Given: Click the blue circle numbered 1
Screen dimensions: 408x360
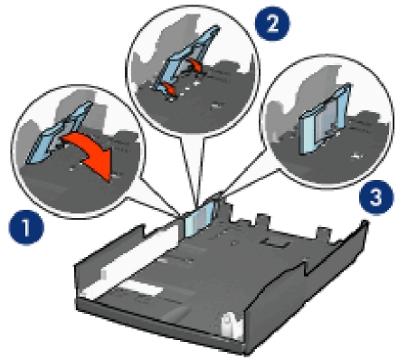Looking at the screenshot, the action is tap(26, 227).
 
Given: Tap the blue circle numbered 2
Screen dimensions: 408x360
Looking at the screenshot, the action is tap(272, 24).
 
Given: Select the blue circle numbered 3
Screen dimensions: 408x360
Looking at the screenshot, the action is tap(376, 197).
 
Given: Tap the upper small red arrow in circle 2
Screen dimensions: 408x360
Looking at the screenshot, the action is tap(195, 65).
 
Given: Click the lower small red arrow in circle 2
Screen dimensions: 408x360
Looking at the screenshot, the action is tap(168, 88).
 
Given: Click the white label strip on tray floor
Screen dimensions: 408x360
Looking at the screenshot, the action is tap(143, 289).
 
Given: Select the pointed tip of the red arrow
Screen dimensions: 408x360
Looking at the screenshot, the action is tap(110, 182).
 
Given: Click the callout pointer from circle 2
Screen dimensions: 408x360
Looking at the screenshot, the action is tap(193, 169).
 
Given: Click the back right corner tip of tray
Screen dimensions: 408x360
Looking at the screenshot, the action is tap(365, 223).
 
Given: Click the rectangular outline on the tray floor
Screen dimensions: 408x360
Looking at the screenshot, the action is tap(275, 242).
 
